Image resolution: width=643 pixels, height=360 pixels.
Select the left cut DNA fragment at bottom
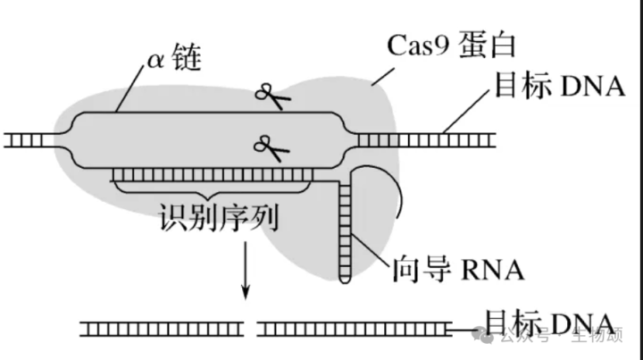(162, 330)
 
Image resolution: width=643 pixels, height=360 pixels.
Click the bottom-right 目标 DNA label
(547, 322)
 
